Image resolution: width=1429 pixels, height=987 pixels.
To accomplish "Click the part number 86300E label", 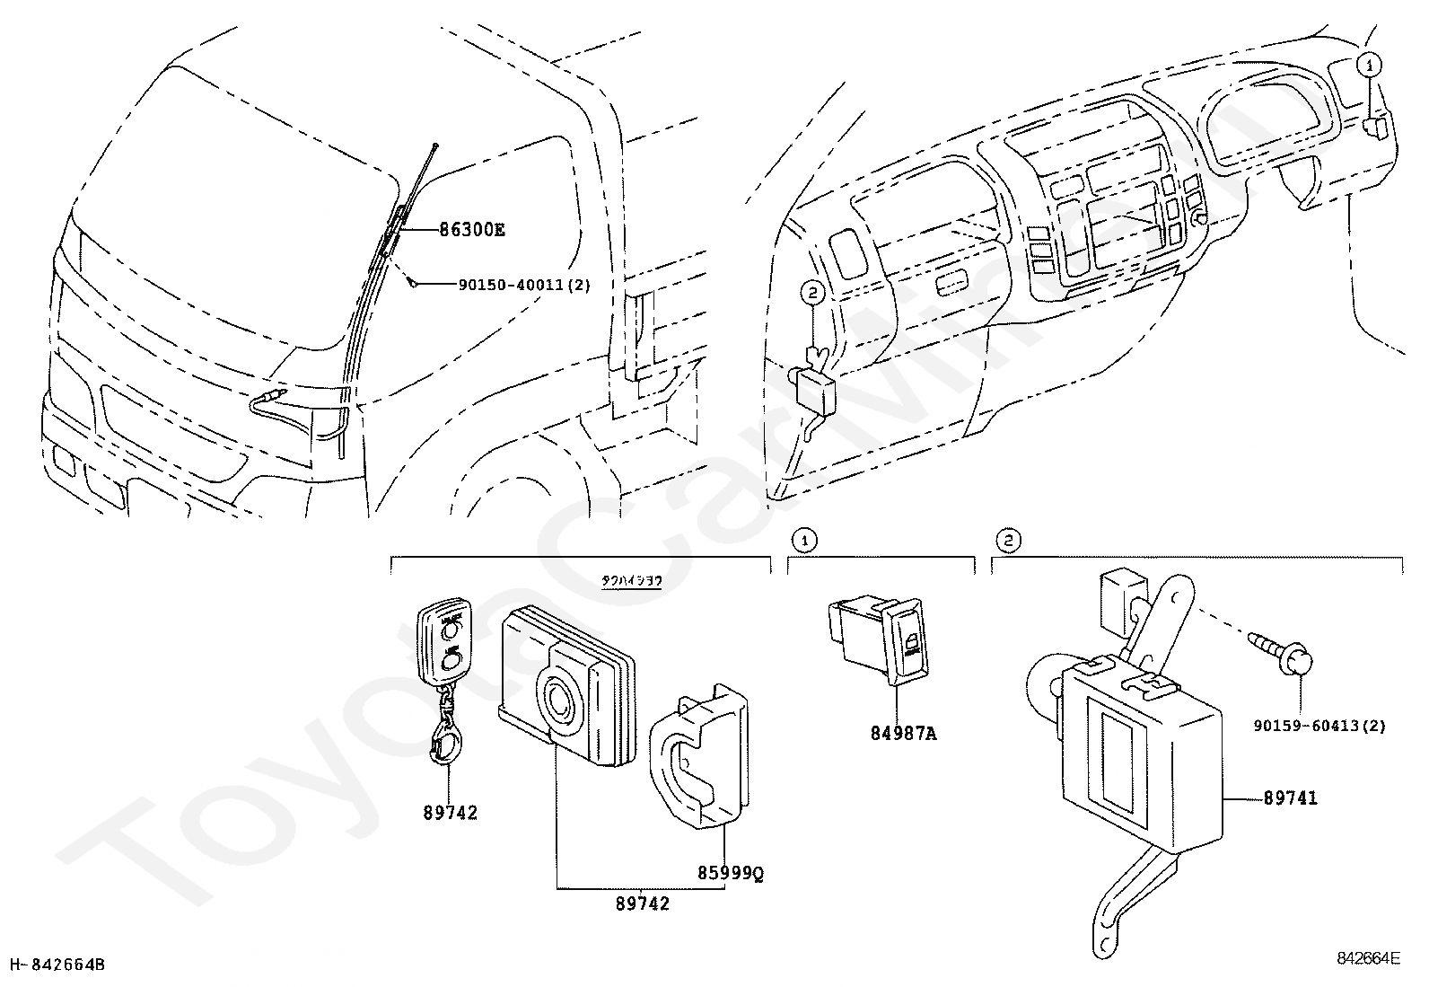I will coord(471,230).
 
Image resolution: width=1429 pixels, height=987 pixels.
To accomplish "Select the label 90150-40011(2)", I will coord(524,285).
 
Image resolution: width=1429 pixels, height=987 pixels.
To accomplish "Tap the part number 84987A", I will coord(903,734).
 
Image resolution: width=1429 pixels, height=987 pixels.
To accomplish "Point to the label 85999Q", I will coord(731,872).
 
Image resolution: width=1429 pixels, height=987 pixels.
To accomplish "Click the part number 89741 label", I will coord(1291,798).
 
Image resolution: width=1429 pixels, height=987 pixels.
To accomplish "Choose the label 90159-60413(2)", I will coord(1319,725).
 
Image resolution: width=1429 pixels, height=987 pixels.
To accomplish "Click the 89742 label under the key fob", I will coord(451,813).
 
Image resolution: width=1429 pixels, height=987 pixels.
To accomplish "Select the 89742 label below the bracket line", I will coord(643,903).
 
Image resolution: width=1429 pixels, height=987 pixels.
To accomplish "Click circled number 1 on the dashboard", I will coord(1368,64).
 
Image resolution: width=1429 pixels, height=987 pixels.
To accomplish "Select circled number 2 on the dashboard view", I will coord(811,292).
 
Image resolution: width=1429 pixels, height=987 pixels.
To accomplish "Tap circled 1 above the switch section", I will coord(804,540).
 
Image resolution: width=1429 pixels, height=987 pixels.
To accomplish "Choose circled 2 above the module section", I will coord(1008,540).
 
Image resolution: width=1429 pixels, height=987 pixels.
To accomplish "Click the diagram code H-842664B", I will coord(56,965).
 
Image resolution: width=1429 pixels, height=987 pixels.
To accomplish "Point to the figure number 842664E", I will coord(1367,958).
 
